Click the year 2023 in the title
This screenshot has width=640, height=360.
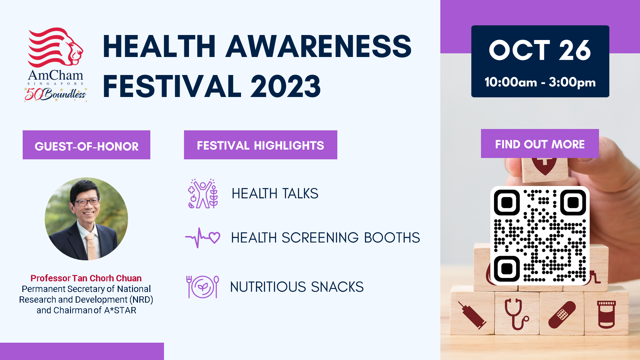point(285,86)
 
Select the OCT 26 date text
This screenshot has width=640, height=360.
point(540,50)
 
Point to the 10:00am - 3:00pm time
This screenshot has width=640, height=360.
point(540,82)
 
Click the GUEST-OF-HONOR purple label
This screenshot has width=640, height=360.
point(86,145)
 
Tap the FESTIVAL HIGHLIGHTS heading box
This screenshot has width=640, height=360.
point(261,145)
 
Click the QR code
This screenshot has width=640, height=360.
point(540,236)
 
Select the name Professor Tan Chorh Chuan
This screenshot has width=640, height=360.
point(86,278)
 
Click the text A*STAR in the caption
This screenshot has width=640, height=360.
point(120,310)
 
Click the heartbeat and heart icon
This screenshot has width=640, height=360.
point(203,238)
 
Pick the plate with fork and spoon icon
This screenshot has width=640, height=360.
point(203,287)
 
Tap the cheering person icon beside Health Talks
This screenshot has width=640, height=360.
point(203,194)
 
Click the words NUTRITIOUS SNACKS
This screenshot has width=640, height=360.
point(297,287)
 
